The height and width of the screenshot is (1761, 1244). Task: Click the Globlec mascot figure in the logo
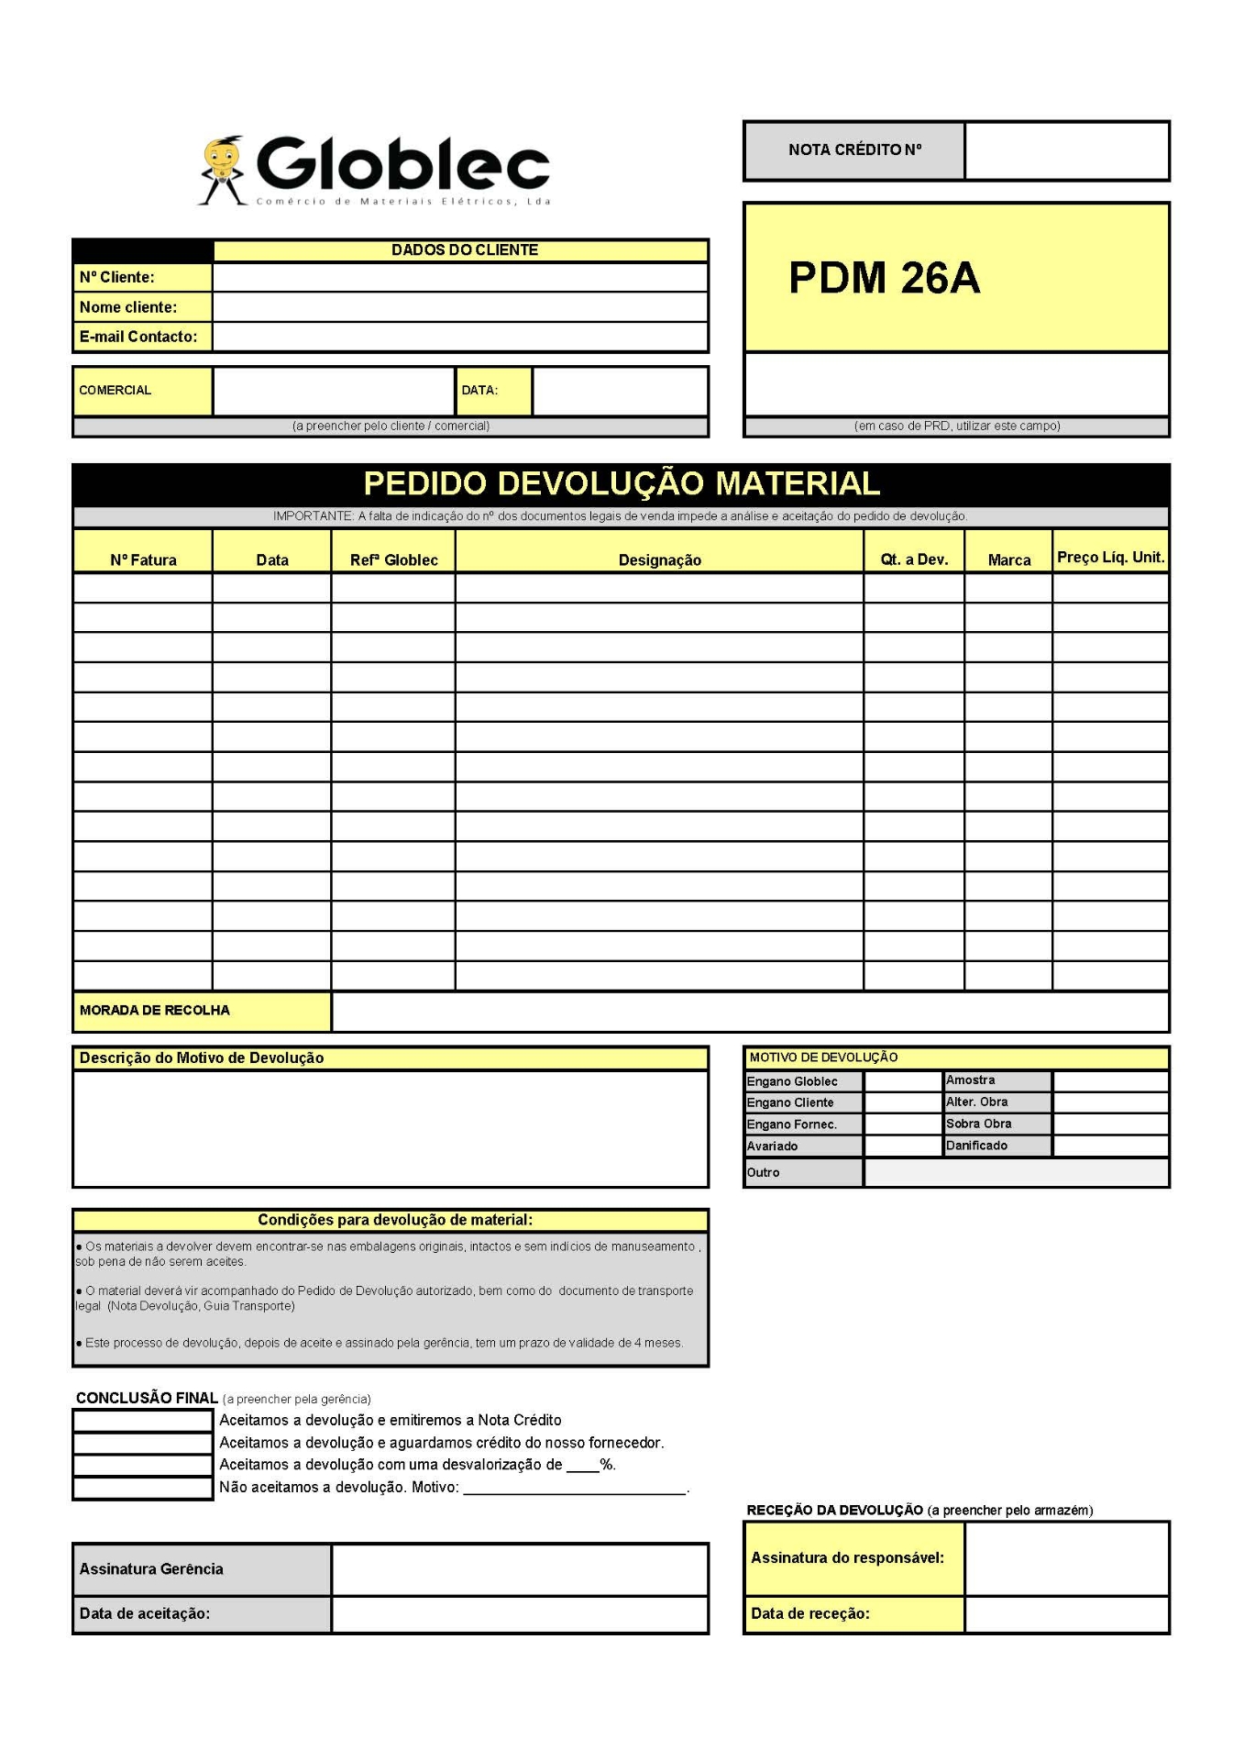point(221,170)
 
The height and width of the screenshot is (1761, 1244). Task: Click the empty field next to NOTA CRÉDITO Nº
point(1066,150)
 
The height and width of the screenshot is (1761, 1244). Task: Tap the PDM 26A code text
point(884,278)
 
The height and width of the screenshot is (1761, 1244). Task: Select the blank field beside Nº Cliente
point(459,277)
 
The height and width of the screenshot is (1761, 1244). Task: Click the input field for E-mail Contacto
point(459,337)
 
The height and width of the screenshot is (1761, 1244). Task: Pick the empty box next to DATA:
point(620,391)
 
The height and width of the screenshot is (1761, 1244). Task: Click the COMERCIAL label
point(116,391)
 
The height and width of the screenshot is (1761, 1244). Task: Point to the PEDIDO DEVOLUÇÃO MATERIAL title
point(621,483)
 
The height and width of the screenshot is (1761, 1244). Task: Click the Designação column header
point(659,559)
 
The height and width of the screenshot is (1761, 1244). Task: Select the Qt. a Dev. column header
point(913,559)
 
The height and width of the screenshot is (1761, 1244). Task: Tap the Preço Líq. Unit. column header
point(1110,557)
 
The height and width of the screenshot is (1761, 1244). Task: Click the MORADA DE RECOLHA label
point(155,1011)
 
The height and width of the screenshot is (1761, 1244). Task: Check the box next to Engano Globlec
point(902,1081)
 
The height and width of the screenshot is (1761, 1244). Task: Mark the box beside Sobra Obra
point(1110,1124)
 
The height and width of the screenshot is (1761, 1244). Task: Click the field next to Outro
point(1016,1173)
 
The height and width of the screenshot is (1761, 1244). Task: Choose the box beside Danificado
point(1110,1146)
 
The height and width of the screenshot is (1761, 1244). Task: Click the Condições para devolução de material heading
point(394,1220)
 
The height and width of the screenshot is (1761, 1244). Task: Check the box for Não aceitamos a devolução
point(142,1488)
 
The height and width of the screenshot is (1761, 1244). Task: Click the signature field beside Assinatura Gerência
point(519,1569)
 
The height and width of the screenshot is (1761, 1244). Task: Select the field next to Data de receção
point(1066,1614)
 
